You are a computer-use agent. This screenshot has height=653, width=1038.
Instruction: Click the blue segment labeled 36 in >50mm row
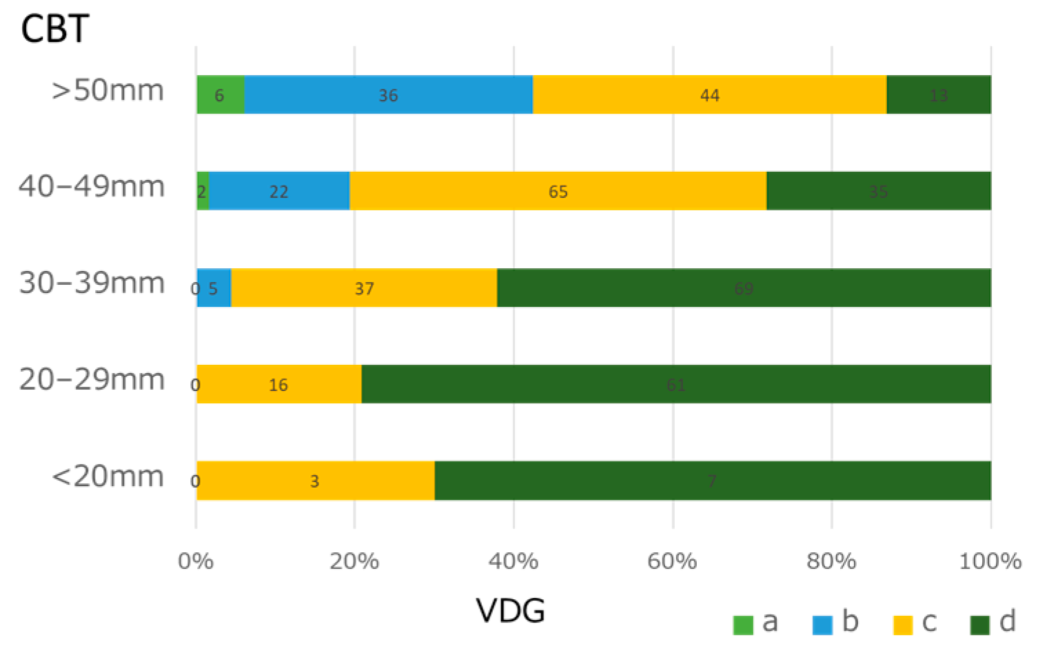[388, 95]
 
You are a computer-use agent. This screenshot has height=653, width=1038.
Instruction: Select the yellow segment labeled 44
[709, 95]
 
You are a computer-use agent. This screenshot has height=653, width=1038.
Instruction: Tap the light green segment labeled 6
[220, 95]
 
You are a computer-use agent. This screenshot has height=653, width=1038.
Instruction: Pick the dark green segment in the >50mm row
[938, 95]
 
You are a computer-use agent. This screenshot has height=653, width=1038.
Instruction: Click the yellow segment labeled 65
[558, 191]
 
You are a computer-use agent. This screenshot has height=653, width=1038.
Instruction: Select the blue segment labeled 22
[278, 191]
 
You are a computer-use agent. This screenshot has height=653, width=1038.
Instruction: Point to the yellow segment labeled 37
[364, 288]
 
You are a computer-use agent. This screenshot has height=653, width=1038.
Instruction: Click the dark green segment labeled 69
[744, 288]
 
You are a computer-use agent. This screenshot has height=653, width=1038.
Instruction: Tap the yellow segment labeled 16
[278, 384]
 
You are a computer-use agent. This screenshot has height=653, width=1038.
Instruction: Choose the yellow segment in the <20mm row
[315, 481]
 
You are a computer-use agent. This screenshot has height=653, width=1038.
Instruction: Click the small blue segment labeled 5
[214, 288]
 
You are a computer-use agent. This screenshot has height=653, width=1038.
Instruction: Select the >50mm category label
[108, 90]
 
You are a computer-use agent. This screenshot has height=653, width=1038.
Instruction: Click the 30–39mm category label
[92, 283]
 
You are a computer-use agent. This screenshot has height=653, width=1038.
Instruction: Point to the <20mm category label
[108, 476]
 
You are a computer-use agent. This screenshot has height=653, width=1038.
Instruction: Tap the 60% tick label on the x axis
[672, 561]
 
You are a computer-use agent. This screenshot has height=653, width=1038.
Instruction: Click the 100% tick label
[990, 561]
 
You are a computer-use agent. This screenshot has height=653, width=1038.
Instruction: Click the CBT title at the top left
[55, 29]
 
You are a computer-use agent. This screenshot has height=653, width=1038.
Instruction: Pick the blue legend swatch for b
[822, 624]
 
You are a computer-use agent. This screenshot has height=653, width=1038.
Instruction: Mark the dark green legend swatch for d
[979, 624]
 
